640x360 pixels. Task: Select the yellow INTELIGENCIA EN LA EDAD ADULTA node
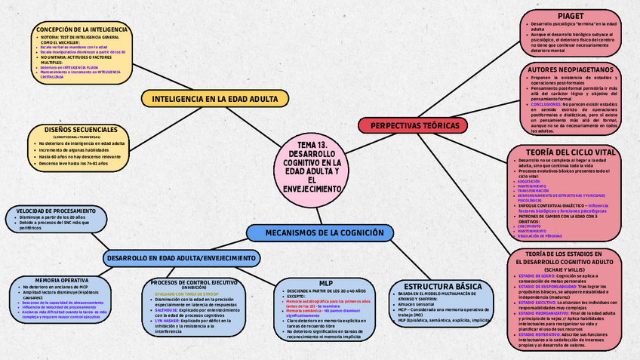209,99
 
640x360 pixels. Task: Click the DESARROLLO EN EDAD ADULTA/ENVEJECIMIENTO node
180,257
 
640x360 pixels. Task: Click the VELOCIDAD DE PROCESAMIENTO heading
56,210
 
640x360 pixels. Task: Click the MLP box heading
326,283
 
